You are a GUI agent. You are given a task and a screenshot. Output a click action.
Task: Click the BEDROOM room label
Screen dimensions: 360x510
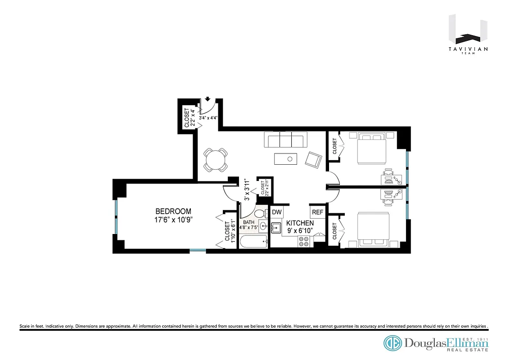click(x=173, y=211)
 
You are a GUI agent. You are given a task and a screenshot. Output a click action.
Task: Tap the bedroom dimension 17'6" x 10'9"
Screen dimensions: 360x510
click(x=173, y=220)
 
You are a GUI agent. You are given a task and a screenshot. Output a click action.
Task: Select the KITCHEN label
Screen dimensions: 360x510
click(x=300, y=223)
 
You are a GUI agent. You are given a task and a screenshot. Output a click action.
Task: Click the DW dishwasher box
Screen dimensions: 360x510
click(x=276, y=212)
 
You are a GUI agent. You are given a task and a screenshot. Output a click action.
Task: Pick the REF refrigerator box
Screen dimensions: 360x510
click(x=317, y=212)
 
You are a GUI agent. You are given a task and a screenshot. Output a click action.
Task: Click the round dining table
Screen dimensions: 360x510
click(x=215, y=160)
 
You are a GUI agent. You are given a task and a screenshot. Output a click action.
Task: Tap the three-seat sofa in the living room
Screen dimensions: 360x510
click(x=286, y=139)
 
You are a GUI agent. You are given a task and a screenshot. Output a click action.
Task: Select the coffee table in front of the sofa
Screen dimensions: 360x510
click(x=285, y=158)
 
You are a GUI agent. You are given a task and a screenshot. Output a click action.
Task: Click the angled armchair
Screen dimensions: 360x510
click(x=314, y=160)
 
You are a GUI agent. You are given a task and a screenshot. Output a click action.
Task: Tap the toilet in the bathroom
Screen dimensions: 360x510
click(x=260, y=214)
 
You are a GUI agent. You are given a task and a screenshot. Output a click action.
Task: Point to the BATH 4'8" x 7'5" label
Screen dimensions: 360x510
click(x=249, y=225)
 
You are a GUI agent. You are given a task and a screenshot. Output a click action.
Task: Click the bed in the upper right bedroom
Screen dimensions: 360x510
click(x=371, y=148)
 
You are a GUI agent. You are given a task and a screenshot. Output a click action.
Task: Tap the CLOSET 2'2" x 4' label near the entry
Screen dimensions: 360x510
click(x=190, y=118)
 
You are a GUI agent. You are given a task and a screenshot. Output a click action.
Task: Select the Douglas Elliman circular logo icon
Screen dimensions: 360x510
click(x=393, y=343)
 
